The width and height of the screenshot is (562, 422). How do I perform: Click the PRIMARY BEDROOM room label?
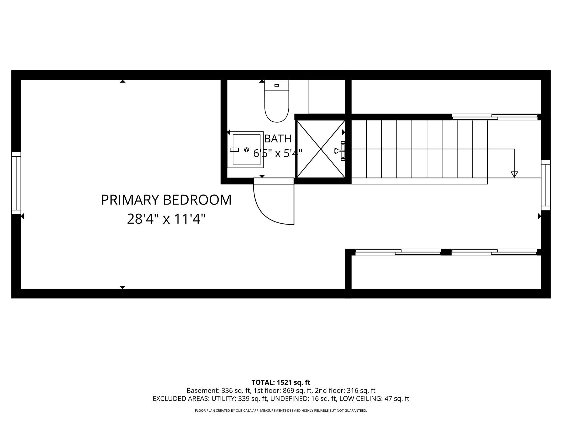166,200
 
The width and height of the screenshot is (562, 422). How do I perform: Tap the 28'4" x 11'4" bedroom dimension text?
166,219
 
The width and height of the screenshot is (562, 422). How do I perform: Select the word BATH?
278,139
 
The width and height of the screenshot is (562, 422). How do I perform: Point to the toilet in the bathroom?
277,101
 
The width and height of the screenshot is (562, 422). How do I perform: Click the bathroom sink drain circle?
246,150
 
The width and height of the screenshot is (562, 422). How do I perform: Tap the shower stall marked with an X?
321,149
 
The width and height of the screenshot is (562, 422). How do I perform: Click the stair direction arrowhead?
514,174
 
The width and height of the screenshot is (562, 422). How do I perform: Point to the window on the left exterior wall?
16,183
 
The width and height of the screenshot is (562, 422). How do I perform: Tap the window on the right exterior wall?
546,185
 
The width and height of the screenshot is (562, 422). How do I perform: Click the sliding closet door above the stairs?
495,117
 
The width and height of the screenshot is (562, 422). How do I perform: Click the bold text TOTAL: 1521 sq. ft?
281,383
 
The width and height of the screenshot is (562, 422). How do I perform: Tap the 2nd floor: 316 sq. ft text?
345,391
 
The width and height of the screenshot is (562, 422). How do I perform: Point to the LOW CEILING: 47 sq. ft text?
374,399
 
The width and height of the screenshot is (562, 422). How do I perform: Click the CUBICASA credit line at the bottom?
281,411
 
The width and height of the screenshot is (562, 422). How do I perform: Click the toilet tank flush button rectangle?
277,85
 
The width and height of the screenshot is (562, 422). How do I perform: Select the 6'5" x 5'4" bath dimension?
278,153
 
